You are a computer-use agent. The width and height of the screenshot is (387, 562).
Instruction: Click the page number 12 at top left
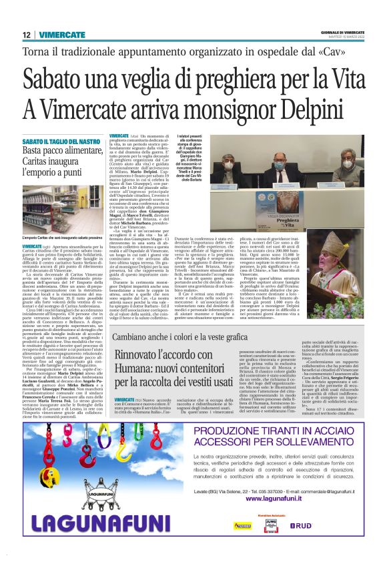point(27,35)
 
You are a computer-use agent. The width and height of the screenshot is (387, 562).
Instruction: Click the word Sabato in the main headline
point(59,79)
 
